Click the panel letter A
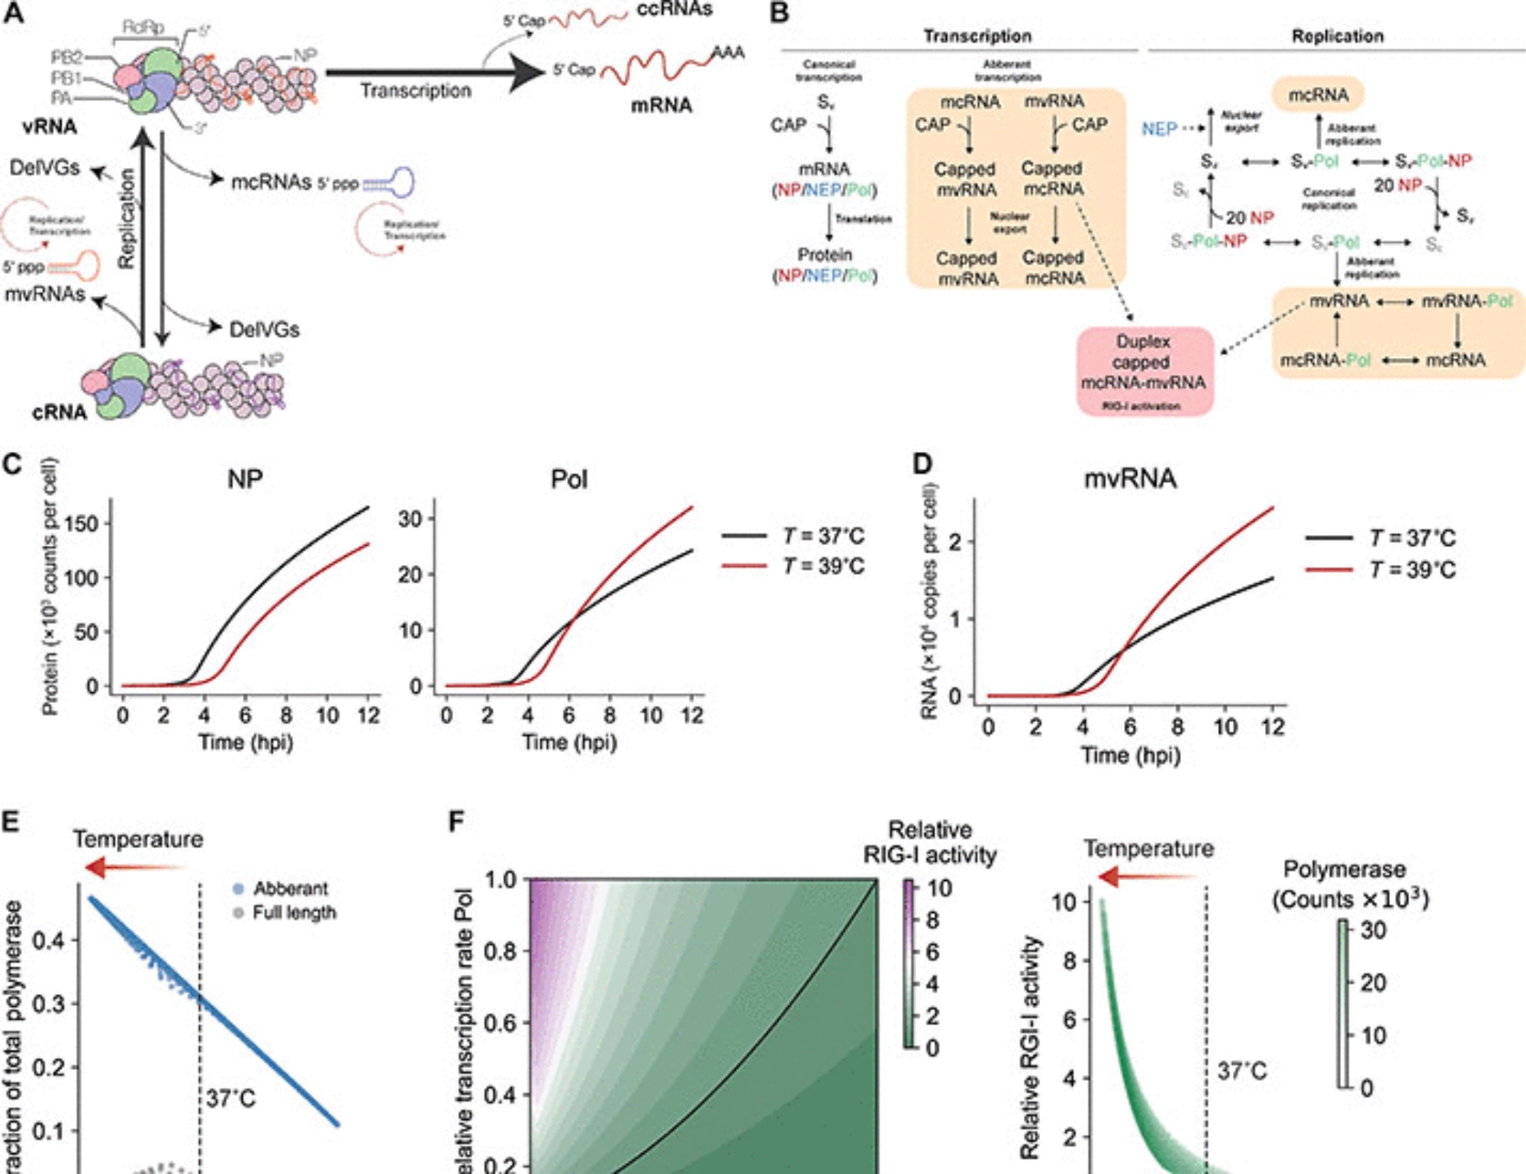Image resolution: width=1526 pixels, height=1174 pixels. [x=13, y=13]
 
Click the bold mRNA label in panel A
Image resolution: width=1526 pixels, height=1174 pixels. [x=662, y=105]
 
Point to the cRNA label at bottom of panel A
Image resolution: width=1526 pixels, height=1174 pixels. [x=60, y=412]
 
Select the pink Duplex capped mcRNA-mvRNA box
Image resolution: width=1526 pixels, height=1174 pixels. [x=1144, y=372]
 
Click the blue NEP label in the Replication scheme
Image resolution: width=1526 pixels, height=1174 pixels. [x=1159, y=129]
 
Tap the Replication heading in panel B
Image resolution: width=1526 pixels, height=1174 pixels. [x=1337, y=36]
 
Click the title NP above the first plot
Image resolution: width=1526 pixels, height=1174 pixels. [x=245, y=479]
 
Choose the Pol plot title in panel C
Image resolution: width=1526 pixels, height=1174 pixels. [x=568, y=479]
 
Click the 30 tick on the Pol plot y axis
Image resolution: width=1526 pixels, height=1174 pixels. [x=410, y=519]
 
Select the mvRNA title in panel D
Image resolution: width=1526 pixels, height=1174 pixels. [x=1130, y=479]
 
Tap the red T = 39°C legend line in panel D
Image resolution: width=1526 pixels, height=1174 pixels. [x=1329, y=569]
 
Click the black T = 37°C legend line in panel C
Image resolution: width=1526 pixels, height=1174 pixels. [x=744, y=536]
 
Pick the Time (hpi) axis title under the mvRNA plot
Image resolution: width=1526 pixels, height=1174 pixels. [x=1130, y=756]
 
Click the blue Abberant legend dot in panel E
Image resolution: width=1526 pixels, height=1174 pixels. [x=238, y=889]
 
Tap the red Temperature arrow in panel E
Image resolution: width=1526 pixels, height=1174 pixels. [x=134, y=868]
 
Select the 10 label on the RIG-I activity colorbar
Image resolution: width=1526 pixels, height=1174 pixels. [x=940, y=889]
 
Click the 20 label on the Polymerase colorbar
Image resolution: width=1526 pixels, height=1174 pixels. [x=1373, y=982]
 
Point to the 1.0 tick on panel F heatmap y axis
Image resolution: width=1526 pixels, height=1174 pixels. [x=501, y=880]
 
